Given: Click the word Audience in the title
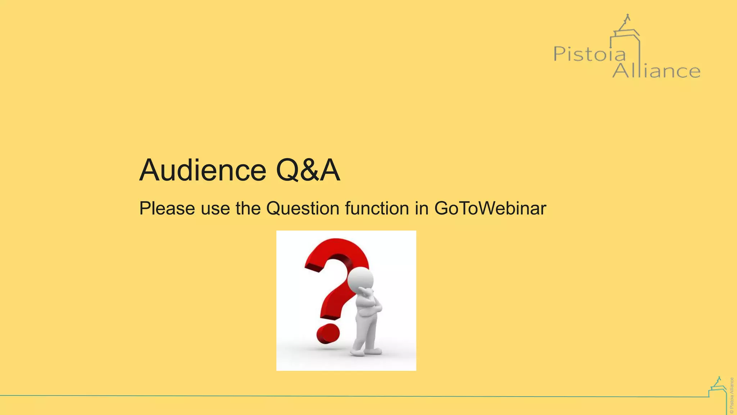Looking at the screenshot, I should [203, 170].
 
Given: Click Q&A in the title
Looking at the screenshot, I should [308, 170].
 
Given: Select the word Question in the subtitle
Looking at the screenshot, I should [303, 209].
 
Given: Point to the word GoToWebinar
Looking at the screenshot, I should [490, 209].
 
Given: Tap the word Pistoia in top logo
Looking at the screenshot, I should [589, 54].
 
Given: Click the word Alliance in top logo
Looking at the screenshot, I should [656, 70].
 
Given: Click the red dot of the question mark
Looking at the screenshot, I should [328, 334].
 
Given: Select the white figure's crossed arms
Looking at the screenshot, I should [371, 304].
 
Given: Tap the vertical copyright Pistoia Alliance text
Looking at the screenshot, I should [732, 396].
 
